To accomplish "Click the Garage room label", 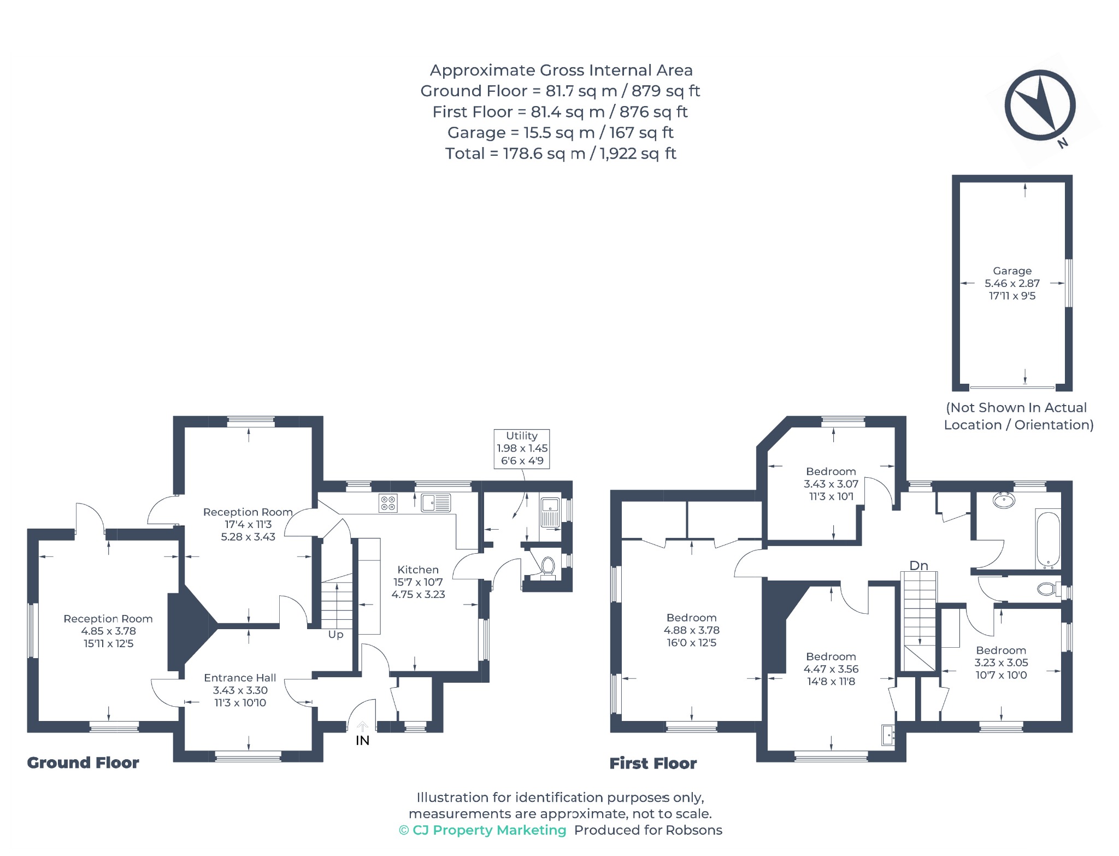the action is tap(1012, 271).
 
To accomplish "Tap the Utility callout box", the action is tap(522, 449).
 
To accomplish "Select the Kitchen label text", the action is tap(418, 570).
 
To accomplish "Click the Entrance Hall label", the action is tap(240, 678).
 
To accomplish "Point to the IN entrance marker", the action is tap(362, 740).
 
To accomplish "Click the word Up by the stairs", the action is tap(335, 635).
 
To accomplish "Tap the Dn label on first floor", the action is tap(918, 566).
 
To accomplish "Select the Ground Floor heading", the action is tap(83, 763).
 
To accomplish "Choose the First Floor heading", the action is tap(653, 763).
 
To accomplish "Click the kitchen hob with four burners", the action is tap(388, 503).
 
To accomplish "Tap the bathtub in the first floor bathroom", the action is tap(1048, 539).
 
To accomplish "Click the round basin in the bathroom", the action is tap(1004, 500).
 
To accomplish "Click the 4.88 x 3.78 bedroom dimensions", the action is tap(691, 630).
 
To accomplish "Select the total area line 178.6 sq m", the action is tap(561, 154).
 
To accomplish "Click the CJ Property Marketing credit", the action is tap(482, 830).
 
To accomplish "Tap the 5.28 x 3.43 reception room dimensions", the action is tap(248, 537).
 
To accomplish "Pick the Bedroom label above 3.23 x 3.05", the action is tap(1001, 650).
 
